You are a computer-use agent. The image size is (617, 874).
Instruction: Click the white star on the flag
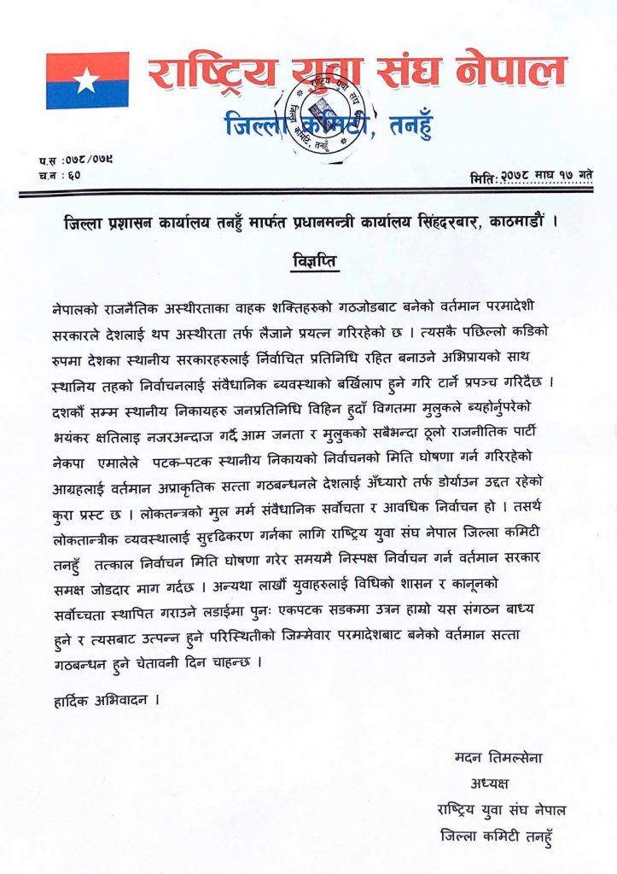tap(87, 80)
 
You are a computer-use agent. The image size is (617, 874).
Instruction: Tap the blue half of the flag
tap(87, 96)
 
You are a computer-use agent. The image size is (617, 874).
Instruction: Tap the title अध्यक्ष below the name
tap(492, 784)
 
